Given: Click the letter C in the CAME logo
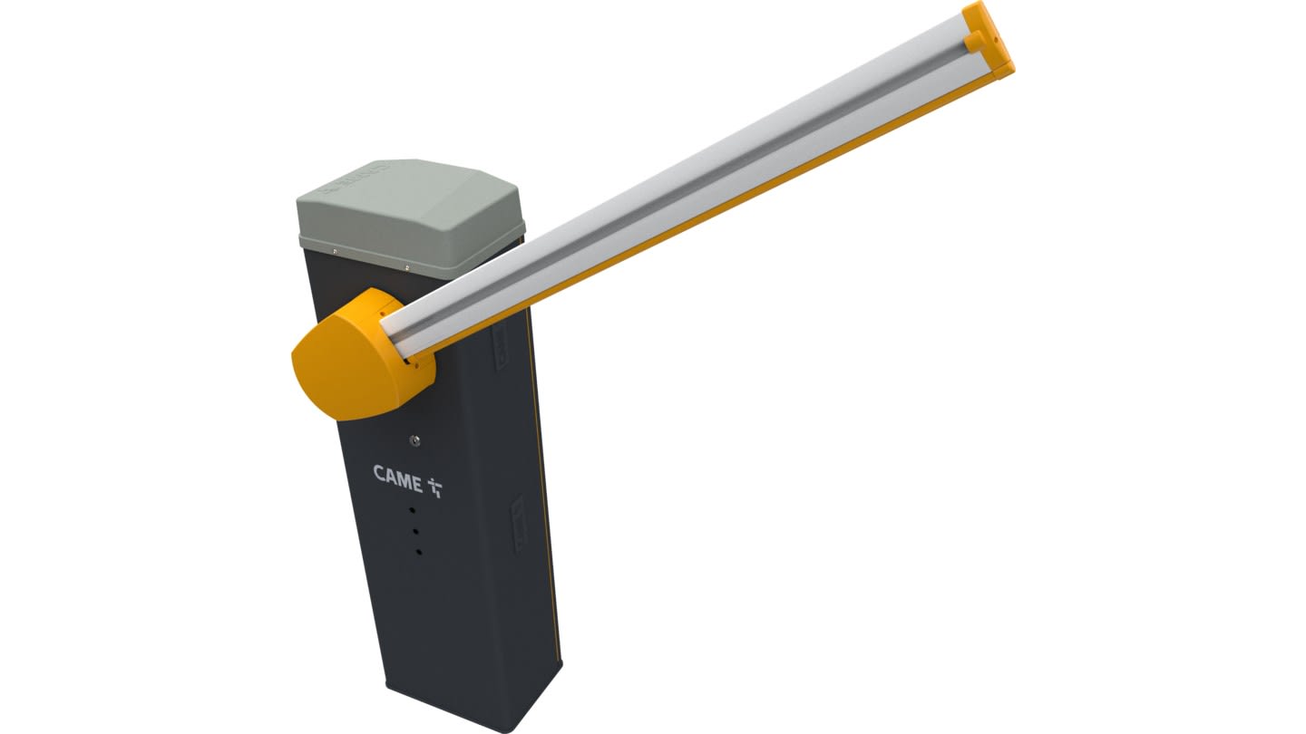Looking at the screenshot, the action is pos(379,475).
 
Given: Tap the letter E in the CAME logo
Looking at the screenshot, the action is pos(416,484).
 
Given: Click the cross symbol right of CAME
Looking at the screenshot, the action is pos(435,488).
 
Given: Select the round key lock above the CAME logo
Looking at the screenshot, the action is pos(414,441).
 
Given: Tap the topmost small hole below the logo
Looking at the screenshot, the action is pos(412,510).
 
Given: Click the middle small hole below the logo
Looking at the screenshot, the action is pos(415,532).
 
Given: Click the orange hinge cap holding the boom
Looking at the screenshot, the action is pos(356,355).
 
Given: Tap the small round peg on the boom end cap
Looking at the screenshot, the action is pos(972,42).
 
